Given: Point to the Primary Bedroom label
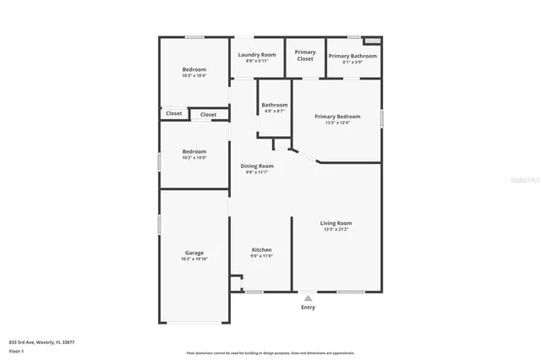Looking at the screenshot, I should point(337,117).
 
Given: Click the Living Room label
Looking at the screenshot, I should point(336,223).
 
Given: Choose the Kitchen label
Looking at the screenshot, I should point(262,249).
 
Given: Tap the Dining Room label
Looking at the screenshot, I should point(257,166).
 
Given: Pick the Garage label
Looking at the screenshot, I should point(194,253).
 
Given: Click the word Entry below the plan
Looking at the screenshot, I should point(308,307).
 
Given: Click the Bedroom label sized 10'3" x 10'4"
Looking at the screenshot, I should point(194,69).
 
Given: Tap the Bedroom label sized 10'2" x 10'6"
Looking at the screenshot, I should point(194,151).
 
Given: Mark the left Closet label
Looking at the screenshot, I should point(173,113).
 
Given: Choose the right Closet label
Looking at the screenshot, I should point(208,114).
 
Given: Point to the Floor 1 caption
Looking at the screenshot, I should point(16,350).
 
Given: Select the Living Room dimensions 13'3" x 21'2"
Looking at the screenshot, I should point(336,229).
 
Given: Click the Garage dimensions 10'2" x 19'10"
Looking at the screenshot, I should point(194,259).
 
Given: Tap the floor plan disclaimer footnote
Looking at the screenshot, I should point(270,352).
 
